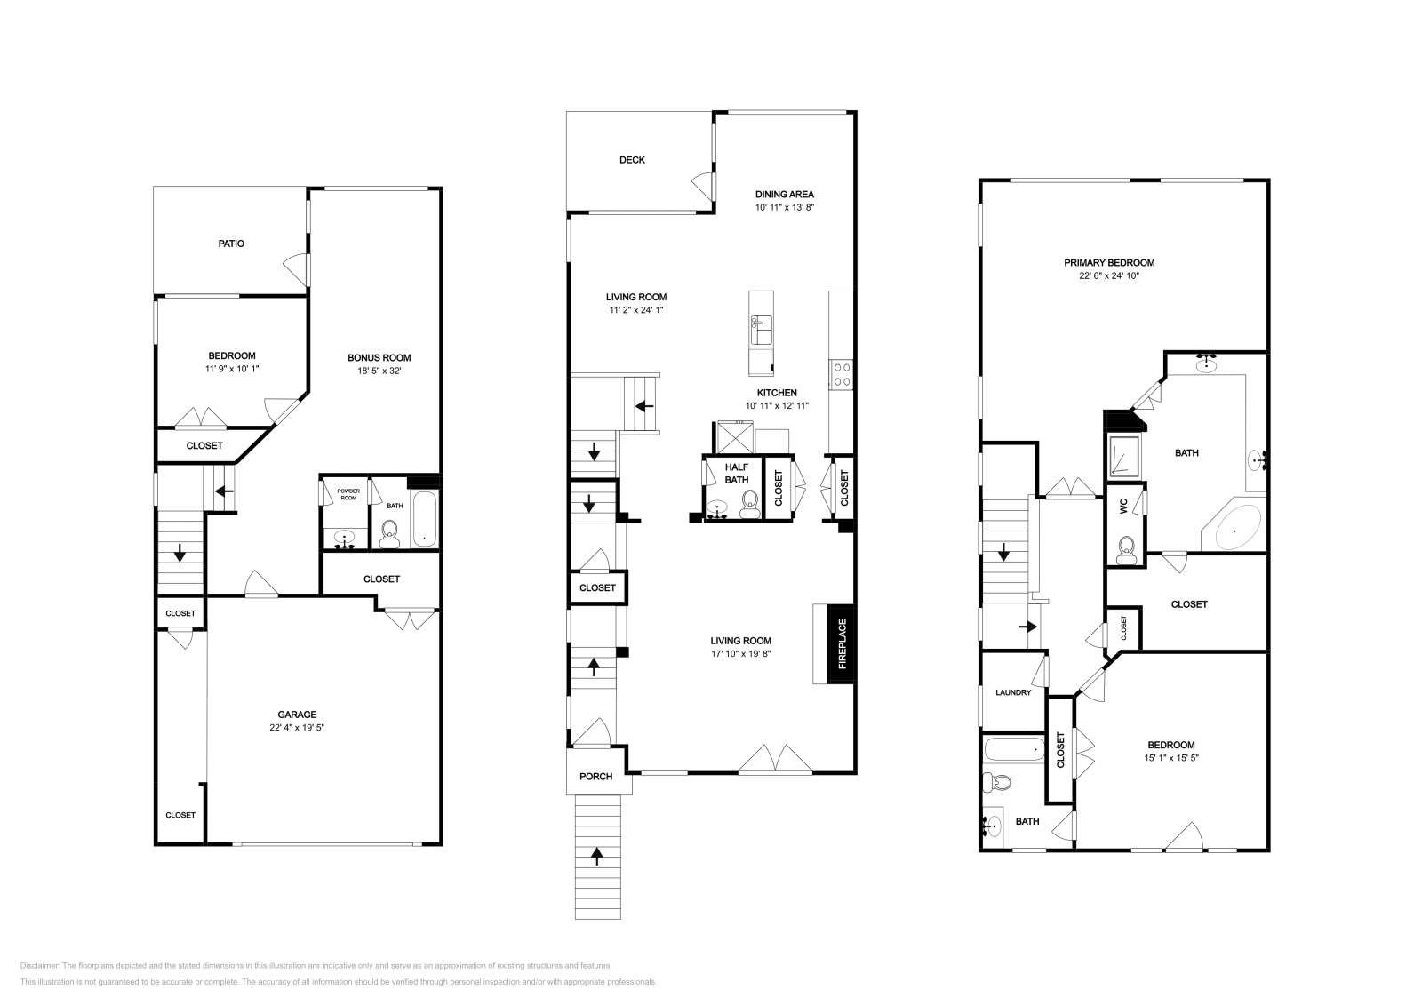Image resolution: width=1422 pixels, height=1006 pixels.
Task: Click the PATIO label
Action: click(x=231, y=244)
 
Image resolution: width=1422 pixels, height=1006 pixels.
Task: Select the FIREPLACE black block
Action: click(x=841, y=644)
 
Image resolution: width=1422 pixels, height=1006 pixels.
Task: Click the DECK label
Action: click(x=632, y=160)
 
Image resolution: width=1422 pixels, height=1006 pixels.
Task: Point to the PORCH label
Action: click(x=595, y=776)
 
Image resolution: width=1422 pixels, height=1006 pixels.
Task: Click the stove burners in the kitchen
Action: click(x=841, y=375)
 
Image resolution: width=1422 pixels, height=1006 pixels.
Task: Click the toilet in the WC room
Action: click(x=1126, y=549)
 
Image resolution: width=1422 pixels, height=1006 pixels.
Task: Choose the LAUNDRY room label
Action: click(x=1013, y=692)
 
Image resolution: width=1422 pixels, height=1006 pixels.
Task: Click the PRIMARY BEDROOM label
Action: click(x=1109, y=262)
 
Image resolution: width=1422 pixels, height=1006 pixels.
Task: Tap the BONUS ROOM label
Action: click(x=379, y=357)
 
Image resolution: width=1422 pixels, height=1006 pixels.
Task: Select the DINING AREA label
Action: click(x=784, y=194)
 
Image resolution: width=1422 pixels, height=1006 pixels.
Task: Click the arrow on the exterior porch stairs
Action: click(x=596, y=857)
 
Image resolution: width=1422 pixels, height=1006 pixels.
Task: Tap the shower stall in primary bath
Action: click(x=1125, y=456)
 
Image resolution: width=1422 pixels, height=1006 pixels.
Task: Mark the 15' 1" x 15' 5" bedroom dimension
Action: click(x=1170, y=758)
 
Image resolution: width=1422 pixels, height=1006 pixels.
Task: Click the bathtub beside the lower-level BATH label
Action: click(x=425, y=519)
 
